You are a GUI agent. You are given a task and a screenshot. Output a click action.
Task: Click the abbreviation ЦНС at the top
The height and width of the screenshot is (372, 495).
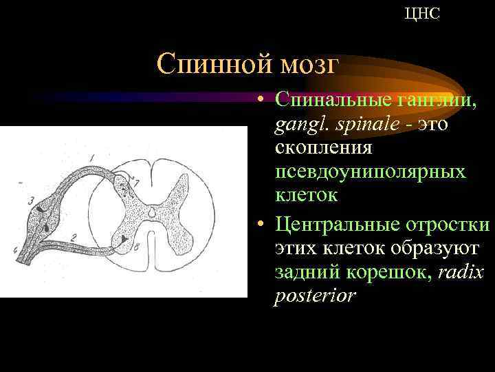422,14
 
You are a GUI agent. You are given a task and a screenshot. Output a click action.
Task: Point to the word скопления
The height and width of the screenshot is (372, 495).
324,147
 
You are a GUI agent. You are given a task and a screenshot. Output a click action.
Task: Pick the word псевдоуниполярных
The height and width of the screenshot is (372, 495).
369,172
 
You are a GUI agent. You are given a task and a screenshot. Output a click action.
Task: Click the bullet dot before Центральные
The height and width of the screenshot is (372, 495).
263,225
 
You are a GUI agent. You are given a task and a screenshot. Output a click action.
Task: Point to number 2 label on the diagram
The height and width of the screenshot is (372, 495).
74,238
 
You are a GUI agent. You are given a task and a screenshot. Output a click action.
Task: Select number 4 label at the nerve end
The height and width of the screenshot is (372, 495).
14,250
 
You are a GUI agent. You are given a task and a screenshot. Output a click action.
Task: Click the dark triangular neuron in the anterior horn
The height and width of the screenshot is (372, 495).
124,238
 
